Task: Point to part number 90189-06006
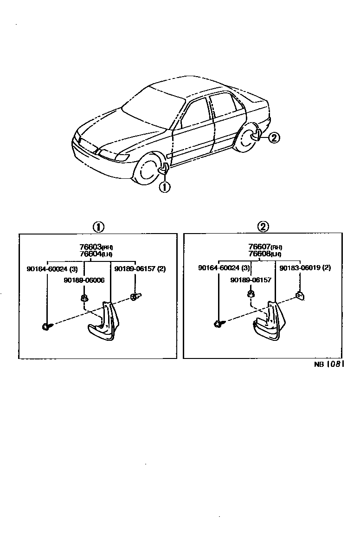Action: pyautogui.click(x=84, y=280)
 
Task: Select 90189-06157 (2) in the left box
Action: pyautogui.click(x=140, y=269)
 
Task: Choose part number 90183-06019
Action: pyautogui.click(x=305, y=268)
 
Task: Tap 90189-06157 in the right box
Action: pyautogui.click(x=251, y=280)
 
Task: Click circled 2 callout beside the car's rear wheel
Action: pyautogui.click(x=274, y=137)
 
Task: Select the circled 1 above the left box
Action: pyautogui.click(x=98, y=227)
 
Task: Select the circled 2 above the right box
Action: pyautogui.click(x=263, y=227)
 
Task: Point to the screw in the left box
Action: pyautogui.click(x=47, y=326)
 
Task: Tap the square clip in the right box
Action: pyautogui.click(x=300, y=295)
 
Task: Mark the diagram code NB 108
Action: pyautogui.click(x=328, y=365)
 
